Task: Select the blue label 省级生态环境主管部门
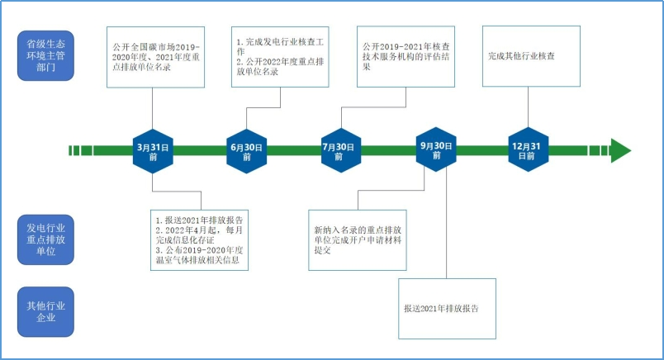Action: point(45,56)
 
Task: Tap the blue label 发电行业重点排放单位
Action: point(45,239)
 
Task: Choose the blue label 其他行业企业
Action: point(45,311)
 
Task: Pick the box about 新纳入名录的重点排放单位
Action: point(357,239)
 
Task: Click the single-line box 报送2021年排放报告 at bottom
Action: point(447,308)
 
